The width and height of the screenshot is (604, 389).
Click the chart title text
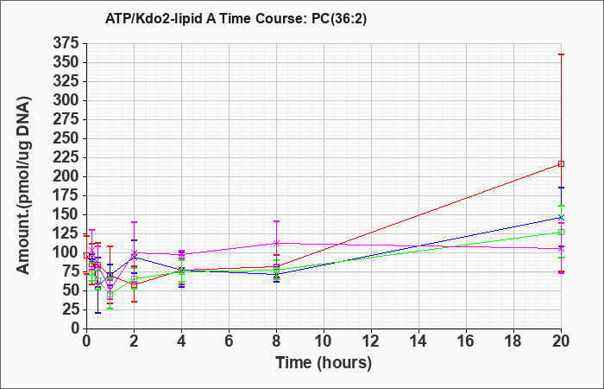tap(236, 19)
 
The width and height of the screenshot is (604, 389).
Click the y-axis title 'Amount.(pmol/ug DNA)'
tap(24, 186)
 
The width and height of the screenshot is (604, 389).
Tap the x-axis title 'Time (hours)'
tap(324, 363)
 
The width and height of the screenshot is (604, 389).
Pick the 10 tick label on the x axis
tap(324, 341)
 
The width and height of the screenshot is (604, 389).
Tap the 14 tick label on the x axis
tap(418, 341)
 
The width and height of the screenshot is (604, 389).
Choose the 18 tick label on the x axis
tap(513, 341)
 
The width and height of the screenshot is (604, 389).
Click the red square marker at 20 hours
tap(561, 164)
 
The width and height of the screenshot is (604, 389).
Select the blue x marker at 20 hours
tap(561, 217)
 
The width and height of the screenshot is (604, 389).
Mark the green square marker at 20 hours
tap(561, 233)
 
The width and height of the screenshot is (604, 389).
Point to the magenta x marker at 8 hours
tap(276, 243)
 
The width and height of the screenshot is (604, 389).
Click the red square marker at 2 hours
tap(134, 285)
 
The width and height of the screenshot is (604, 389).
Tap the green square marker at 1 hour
tap(110, 295)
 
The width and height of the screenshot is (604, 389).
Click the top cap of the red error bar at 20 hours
tap(561, 54)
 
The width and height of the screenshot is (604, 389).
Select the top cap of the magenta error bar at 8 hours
tap(276, 221)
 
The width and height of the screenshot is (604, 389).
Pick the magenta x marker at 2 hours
tap(134, 252)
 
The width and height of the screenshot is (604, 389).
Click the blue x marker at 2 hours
tap(134, 257)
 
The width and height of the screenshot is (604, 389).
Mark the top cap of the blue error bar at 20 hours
tap(561, 188)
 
